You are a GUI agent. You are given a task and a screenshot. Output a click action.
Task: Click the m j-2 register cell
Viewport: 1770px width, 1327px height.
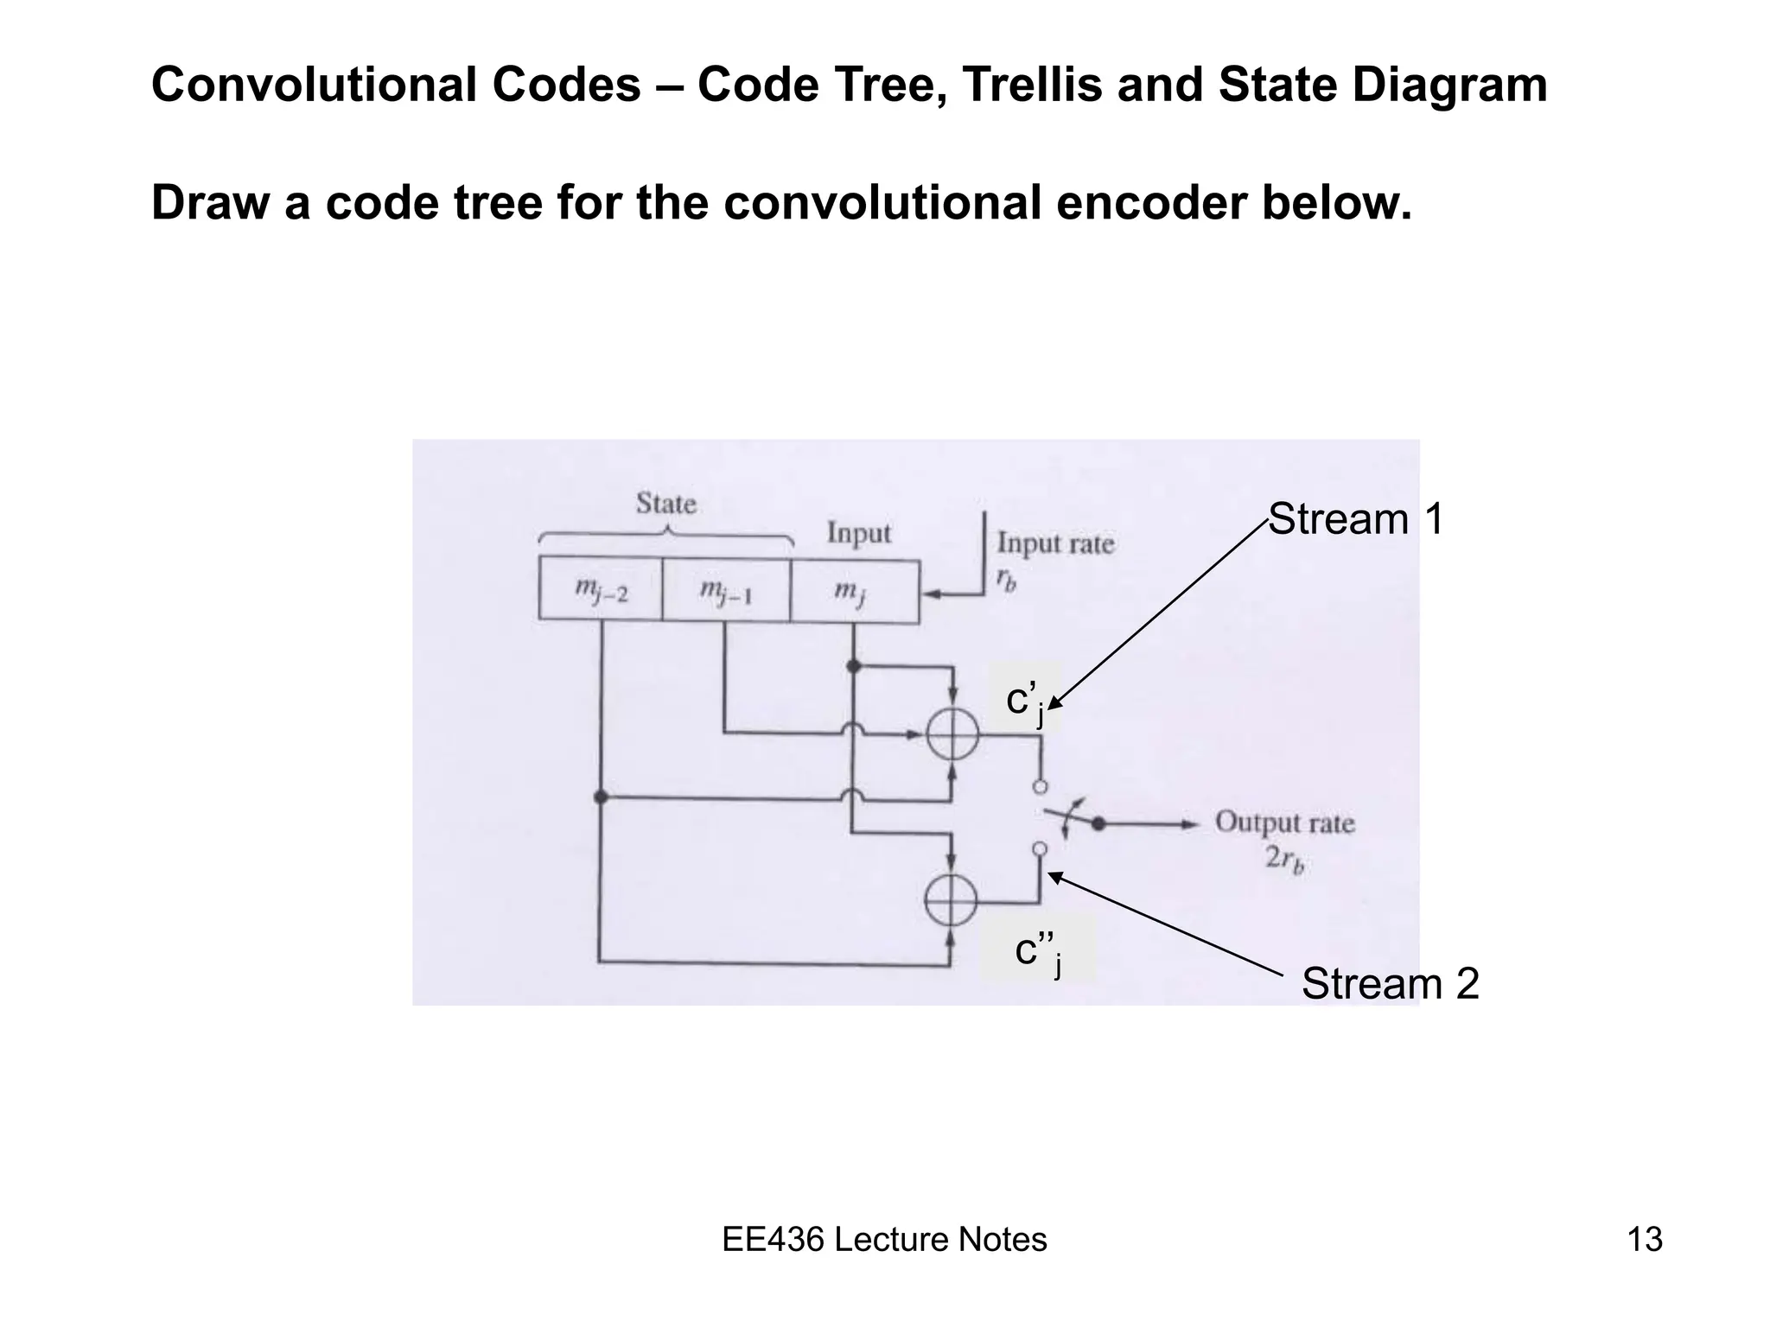coord(601,590)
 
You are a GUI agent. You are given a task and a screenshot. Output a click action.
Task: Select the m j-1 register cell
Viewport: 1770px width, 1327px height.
coord(726,590)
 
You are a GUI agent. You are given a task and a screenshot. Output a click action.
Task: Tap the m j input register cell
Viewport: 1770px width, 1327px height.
coord(853,591)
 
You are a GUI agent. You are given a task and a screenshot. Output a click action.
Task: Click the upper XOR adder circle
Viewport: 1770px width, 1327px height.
coord(952,736)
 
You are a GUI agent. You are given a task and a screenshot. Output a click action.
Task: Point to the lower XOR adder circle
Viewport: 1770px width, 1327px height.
coord(951,900)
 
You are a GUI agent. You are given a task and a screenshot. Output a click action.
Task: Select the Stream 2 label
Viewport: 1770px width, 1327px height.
coord(1390,984)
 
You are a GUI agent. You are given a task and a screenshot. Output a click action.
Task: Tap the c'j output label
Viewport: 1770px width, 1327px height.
coord(1025,701)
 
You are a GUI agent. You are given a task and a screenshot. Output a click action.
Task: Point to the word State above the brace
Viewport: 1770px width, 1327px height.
coord(665,503)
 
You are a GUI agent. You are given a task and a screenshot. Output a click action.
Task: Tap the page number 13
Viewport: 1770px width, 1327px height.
coord(1645,1240)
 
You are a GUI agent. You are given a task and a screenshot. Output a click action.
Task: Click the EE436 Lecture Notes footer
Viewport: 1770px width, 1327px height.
coord(884,1240)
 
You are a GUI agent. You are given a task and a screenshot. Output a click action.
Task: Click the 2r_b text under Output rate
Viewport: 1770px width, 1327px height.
coord(1284,860)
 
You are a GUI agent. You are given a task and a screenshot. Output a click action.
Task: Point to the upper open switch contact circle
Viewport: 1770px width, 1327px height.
coord(1041,787)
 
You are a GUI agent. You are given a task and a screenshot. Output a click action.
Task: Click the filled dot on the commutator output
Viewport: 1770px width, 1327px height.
coord(1098,823)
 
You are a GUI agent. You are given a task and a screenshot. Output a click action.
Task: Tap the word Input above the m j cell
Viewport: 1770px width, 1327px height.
coord(858,532)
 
